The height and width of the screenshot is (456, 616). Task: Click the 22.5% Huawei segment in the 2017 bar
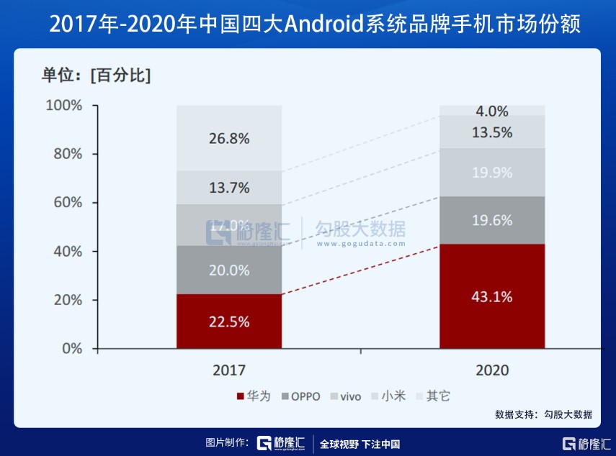tap(229, 322)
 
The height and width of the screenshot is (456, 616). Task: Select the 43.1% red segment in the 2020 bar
tap(492, 296)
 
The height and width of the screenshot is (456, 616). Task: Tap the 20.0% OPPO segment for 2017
tap(229, 270)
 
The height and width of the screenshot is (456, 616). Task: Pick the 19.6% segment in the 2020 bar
tap(492, 221)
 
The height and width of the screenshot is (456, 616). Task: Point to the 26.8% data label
tap(229, 139)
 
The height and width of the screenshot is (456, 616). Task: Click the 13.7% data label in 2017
tap(229, 188)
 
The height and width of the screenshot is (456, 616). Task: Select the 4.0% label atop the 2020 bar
tap(492, 111)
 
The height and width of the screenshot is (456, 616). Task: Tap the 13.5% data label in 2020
tap(492, 132)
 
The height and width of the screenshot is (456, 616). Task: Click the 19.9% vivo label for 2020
tap(492, 173)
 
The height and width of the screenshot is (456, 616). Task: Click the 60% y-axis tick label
tap(66, 203)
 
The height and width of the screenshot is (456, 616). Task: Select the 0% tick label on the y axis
tap(71, 349)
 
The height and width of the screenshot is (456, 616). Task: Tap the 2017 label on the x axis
tap(229, 370)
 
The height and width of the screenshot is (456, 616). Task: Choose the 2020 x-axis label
tap(492, 370)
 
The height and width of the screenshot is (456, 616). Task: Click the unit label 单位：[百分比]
tap(96, 75)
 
